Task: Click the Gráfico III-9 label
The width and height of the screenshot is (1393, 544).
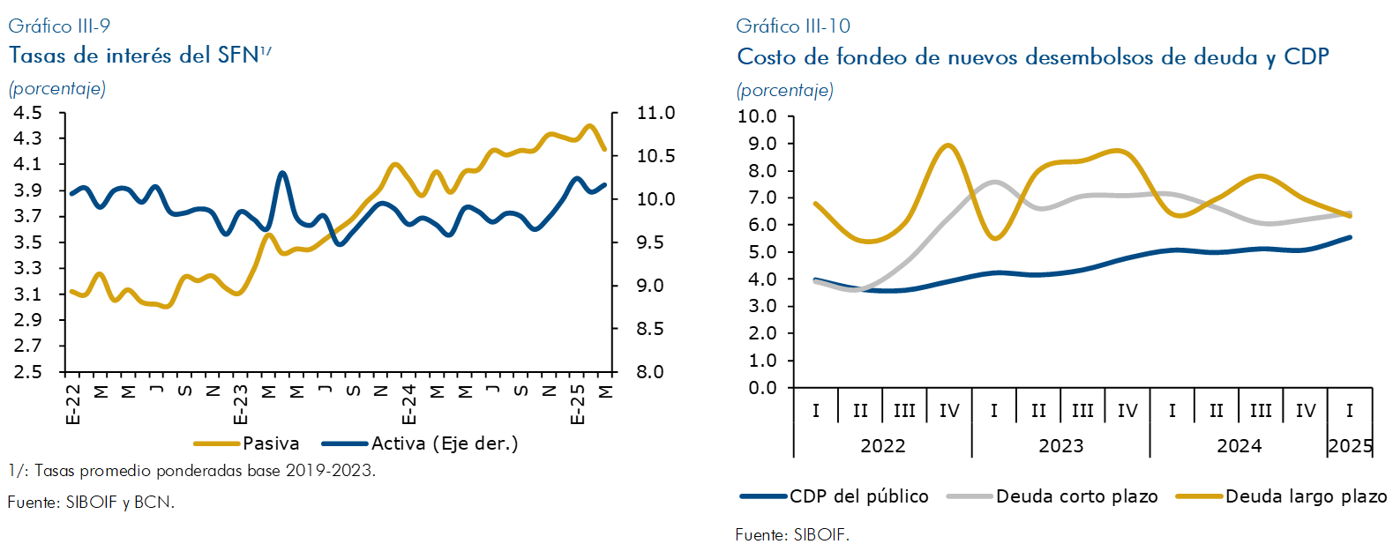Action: (60, 26)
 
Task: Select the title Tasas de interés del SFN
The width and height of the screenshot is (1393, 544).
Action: (134, 56)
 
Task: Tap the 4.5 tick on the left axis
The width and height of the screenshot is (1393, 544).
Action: (28, 113)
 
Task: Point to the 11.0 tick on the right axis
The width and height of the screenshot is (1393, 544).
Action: (655, 113)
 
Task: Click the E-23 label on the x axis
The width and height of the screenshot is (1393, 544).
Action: (241, 405)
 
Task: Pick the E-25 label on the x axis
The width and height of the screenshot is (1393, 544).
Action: (578, 405)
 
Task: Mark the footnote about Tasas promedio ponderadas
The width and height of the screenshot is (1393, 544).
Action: (192, 471)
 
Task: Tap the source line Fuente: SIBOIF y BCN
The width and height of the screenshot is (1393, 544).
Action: (91, 503)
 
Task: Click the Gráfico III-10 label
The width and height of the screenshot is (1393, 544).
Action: (793, 26)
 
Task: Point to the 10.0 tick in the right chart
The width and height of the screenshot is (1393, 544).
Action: (757, 116)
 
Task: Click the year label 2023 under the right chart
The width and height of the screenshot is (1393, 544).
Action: (1060, 446)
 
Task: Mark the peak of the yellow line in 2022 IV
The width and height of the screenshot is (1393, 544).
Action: (948, 145)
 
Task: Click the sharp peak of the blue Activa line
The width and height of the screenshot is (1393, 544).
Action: (282, 173)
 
